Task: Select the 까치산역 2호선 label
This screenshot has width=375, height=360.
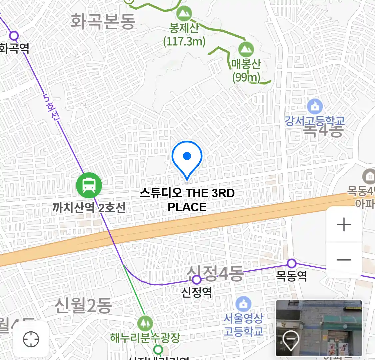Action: pos(89,208)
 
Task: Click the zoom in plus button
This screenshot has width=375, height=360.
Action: pos(344,225)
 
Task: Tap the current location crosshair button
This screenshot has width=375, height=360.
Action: pos(31,340)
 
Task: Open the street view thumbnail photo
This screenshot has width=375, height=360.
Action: pos(319,328)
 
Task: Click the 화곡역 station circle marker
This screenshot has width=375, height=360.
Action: pos(14,35)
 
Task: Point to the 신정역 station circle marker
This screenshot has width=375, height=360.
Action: pos(197,279)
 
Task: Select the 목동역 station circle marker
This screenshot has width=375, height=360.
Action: pos(292,264)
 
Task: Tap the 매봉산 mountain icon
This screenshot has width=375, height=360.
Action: pos(246,50)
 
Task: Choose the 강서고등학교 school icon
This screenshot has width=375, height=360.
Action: pos(315,107)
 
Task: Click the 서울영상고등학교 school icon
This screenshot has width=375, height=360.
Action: pos(244,304)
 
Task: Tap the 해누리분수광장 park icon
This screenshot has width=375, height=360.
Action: pos(145,323)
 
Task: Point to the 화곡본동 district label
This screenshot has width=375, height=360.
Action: pos(103,22)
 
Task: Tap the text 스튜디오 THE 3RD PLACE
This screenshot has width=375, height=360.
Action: pos(187,200)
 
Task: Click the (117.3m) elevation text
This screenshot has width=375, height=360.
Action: pos(184,41)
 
